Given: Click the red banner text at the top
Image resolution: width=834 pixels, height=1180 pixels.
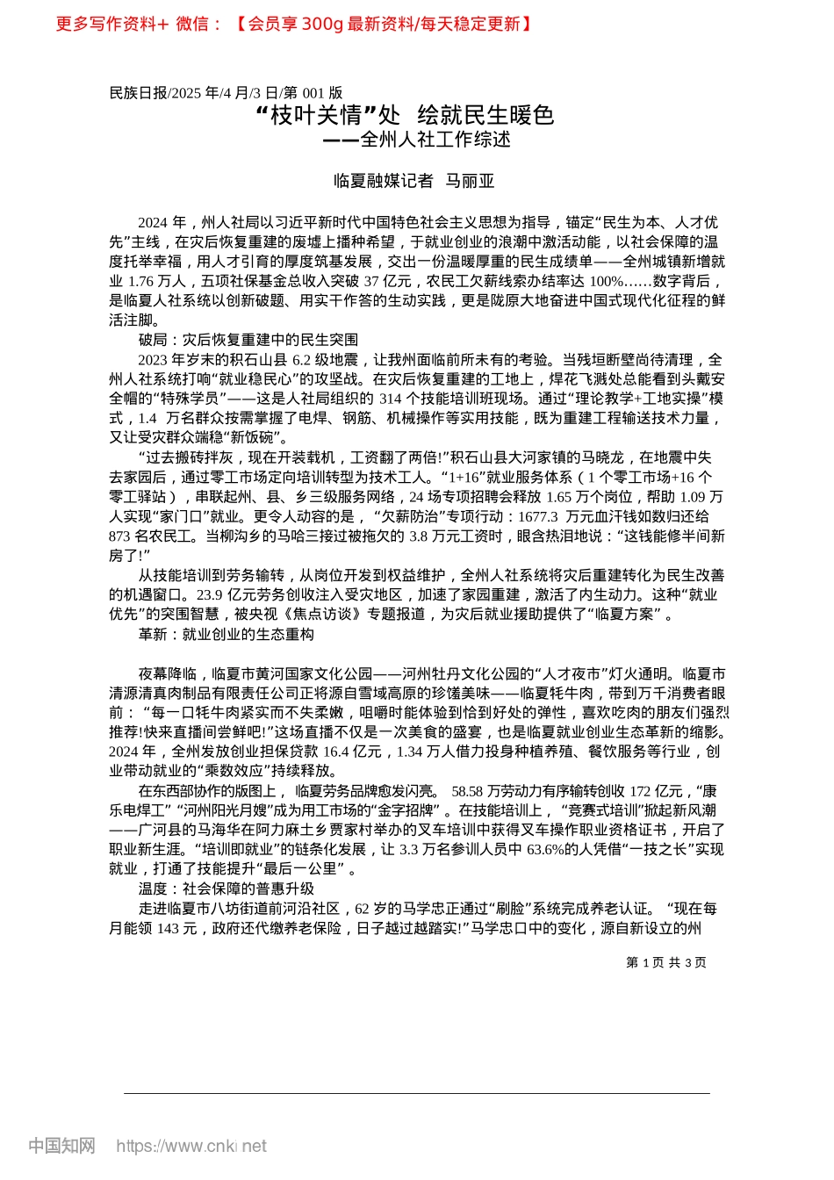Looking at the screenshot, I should (x=294, y=24).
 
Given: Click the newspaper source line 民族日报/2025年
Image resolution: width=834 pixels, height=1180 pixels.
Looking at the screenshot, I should (x=226, y=92).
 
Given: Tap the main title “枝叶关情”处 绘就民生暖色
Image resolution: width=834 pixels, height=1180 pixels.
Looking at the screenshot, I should (x=404, y=115).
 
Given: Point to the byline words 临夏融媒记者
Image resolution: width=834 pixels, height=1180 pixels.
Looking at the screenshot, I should (x=384, y=181).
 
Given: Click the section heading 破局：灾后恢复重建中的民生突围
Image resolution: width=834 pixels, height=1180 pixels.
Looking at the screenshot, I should (x=248, y=340).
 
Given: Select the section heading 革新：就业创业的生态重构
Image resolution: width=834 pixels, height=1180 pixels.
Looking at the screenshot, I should (x=226, y=634).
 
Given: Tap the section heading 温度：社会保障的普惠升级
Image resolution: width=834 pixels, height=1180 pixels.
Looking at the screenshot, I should (x=226, y=889).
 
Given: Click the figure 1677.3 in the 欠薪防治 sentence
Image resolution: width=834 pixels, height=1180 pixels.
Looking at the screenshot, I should (x=537, y=516).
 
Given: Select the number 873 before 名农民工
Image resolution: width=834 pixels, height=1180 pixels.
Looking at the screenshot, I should (x=119, y=536).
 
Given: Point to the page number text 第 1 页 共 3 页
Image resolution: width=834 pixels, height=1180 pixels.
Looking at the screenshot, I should (x=665, y=962).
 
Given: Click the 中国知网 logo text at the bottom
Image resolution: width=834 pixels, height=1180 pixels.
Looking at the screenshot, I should (x=61, y=1146).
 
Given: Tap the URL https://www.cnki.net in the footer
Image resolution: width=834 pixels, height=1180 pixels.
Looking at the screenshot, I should (x=191, y=1146).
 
